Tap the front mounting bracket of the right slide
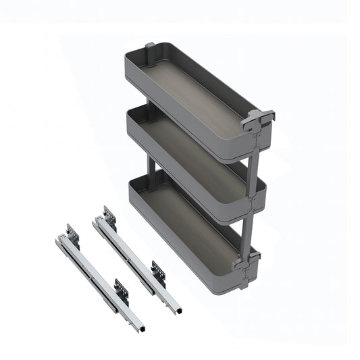pos(159,271)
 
